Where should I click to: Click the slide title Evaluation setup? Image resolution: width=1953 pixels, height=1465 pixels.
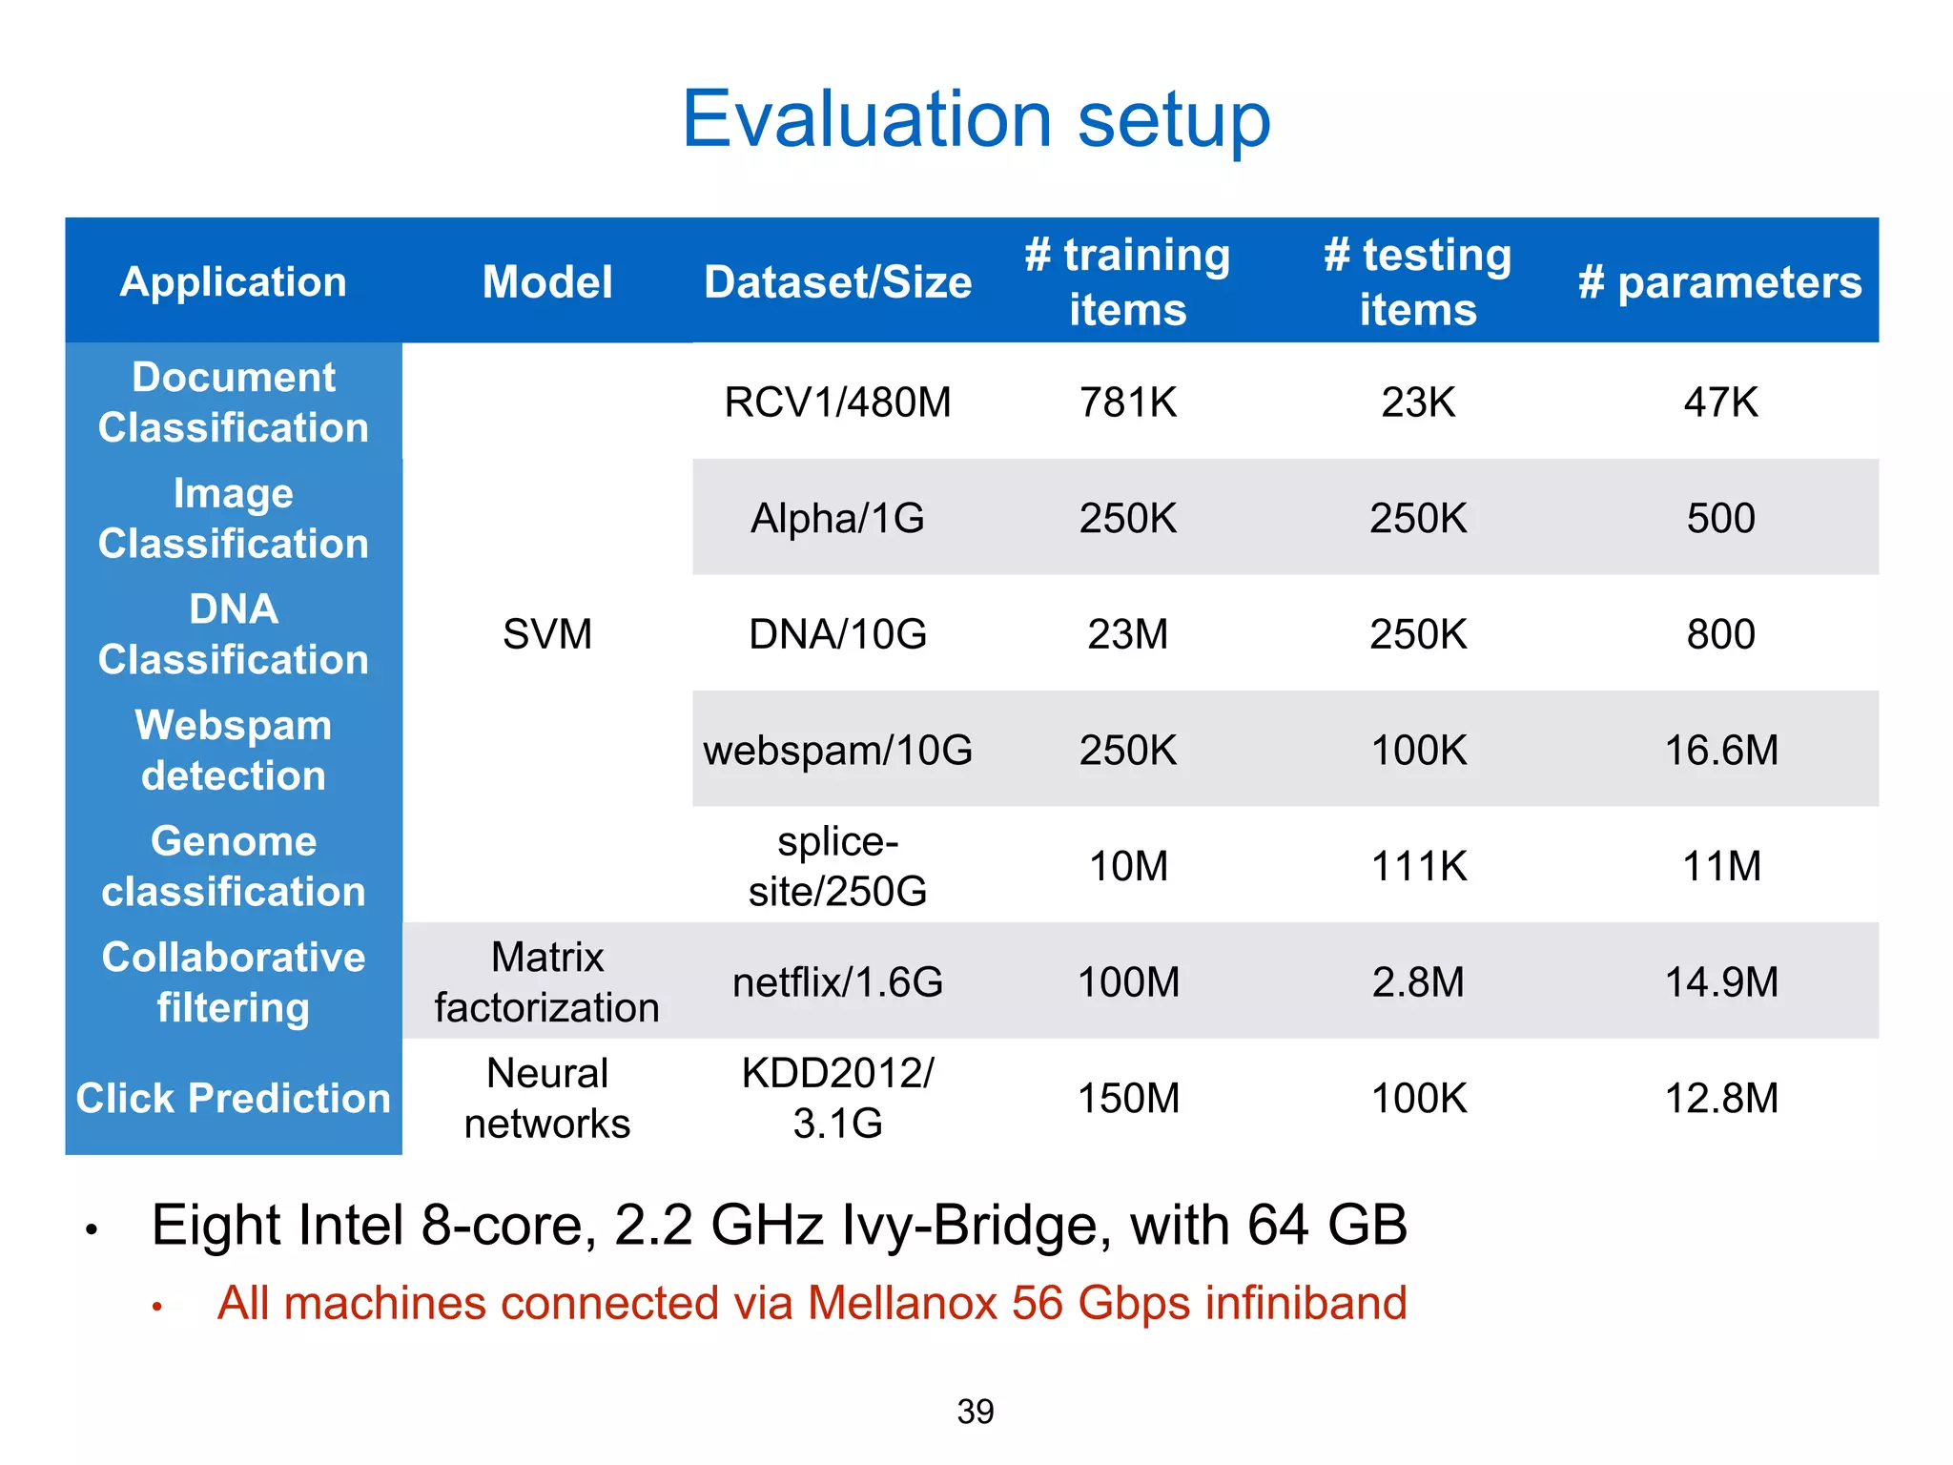pyautogui.click(x=976, y=119)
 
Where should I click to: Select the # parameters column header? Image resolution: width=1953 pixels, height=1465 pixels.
pyautogui.click(x=1719, y=282)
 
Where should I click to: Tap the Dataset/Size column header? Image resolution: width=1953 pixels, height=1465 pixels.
pyautogui.click(x=837, y=282)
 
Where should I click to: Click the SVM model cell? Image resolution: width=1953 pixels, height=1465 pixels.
pyautogui.click(x=546, y=634)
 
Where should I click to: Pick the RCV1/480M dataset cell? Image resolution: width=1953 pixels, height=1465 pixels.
pyautogui.click(x=837, y=402)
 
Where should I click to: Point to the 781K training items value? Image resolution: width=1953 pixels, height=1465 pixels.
pyautogui.click(x=1127, y=402)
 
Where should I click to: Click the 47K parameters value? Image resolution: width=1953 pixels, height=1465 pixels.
pyautogui.click(x=1720, y=402)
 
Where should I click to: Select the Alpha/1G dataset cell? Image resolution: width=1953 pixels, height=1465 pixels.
pyautogui.click(x=837, y=519)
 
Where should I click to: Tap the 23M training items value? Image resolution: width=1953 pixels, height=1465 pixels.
pyautogui.click(x=1127, y=634)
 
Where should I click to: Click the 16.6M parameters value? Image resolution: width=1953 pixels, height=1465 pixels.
pyautogui.click(x=1720, y=751)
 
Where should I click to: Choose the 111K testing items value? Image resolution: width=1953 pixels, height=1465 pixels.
pyautogui.click(x=1418, y=866)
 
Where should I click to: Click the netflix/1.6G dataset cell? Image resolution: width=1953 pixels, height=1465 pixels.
pyautogui.click(x=837, y=982)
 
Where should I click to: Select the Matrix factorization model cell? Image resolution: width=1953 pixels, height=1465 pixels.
pyautogui.click(x=546, y=982)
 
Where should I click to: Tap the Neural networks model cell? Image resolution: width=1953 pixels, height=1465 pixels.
pyautogui.click(x=546, y=1098)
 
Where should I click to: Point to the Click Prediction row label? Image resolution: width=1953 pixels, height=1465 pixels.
pyautogui.click(x=234, y=1098)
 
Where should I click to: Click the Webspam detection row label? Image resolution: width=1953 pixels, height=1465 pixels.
pyautogui.click(x=234, y=751)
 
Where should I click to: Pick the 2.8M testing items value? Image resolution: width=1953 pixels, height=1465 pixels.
pyautogui.click(x=1418, y=982)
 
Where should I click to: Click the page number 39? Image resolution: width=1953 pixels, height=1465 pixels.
pyautogui.click(x=975, y=1412)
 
